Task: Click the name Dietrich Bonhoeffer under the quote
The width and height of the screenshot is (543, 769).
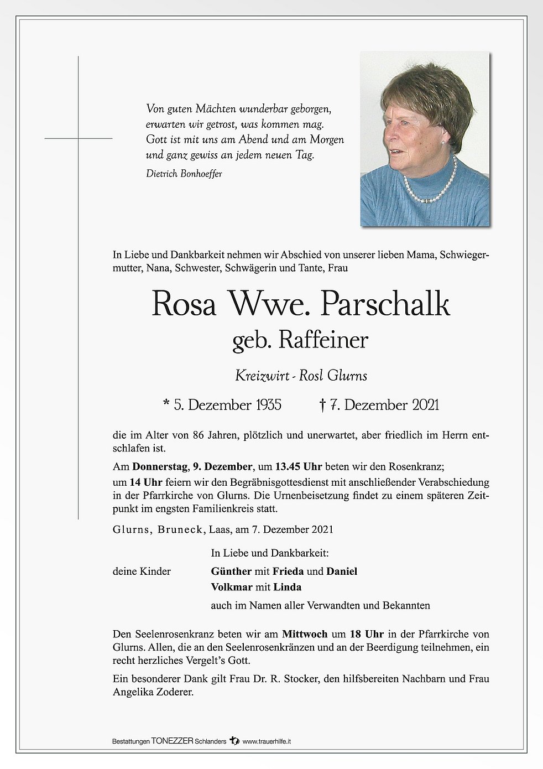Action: click(184, 174)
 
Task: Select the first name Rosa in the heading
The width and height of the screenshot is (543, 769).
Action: click(184, 306)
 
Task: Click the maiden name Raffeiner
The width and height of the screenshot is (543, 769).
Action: click(323, 340)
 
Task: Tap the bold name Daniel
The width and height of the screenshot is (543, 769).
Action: click(342, 571)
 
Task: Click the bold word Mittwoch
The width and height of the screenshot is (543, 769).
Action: click(305, 633)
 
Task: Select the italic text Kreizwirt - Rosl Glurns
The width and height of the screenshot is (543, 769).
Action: click(301, 376)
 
